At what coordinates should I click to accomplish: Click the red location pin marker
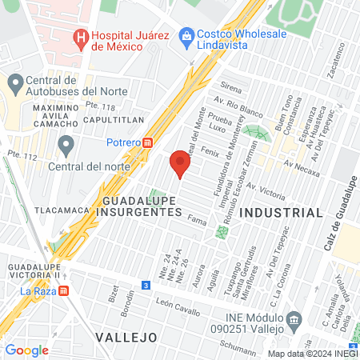pyautogui.click(x=180, y=166)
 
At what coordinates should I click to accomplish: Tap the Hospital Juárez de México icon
pyautogui.click(x=80, y=38)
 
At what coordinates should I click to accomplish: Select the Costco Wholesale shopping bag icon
pyautogui.click(x=186, y=34)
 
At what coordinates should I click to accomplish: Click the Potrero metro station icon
pyautogui.click(x=148, y=142)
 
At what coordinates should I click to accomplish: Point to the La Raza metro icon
pyautogui.click(x=64, y=291)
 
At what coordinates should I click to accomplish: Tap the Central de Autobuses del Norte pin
pyautogui.click(x=15, y=82)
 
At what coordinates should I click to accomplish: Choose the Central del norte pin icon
pyautogui.click(x=66, y=146)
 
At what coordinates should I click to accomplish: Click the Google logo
pyautogui.click(x=26, y=350)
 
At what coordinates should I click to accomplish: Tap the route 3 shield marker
pyautogui.click(x=146, y=285)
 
